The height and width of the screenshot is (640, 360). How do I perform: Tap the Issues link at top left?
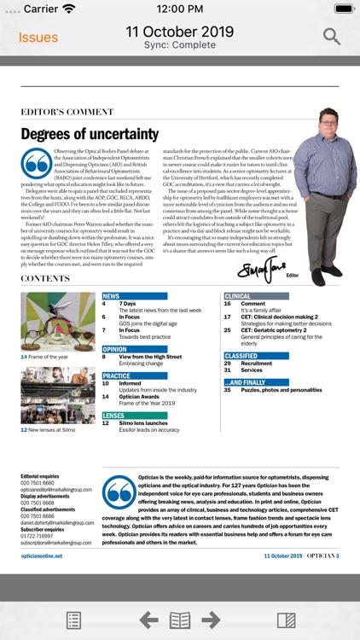[x=38, y=38]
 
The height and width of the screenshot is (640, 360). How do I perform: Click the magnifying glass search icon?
[x=332, y=37]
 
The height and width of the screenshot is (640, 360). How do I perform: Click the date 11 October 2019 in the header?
[x=179, y=32]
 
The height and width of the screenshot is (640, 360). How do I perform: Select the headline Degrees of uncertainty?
[x=90, y=134]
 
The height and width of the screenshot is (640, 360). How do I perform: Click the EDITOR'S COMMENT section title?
[x=78, y=112]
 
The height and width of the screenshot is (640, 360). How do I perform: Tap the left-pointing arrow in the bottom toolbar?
[x=148, y=620]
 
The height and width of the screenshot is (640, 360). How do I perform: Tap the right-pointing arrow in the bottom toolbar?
[x=211, y=620]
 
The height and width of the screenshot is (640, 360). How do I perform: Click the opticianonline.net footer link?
[x=42, y=556]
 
